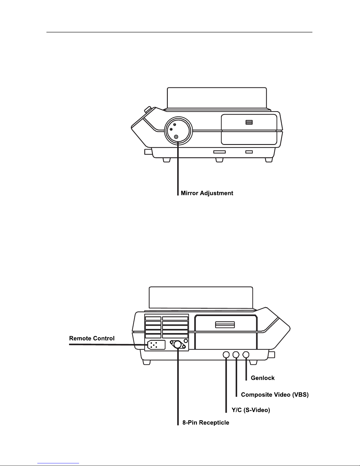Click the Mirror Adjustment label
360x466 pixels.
[207, 193]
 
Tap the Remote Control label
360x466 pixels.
[92, 338]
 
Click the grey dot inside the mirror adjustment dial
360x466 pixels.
[176, 137]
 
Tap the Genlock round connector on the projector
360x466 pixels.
[246, 355]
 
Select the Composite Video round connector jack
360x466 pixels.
[236, 355]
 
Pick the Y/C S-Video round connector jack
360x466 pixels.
[226, 355]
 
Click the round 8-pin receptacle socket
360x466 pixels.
[178, 345]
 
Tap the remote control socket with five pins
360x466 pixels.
[156, 345]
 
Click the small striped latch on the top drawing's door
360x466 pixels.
[249, 122]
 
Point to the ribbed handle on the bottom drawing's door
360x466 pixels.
[225, 325]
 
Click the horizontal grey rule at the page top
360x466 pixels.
[179, 32]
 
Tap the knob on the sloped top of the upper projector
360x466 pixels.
[148, 109]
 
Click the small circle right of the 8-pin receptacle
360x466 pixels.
[186, 341]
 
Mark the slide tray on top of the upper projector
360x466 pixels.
[217, 98]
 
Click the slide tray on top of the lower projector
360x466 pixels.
[201, 298]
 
